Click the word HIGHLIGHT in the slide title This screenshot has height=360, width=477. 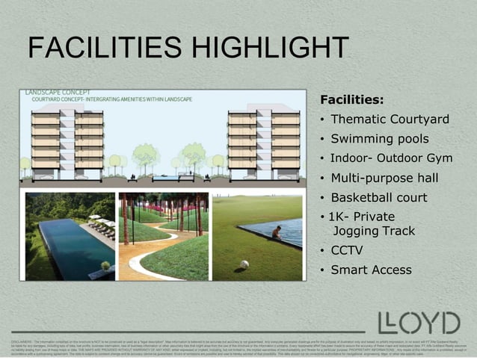pos(270,50)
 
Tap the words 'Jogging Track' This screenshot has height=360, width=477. pos(373,231)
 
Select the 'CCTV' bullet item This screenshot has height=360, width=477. pos(346,250)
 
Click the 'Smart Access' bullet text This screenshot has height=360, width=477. pos(371,270)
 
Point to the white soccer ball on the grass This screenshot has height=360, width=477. pos(244,264)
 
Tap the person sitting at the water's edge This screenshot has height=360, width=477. pos(277,233)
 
